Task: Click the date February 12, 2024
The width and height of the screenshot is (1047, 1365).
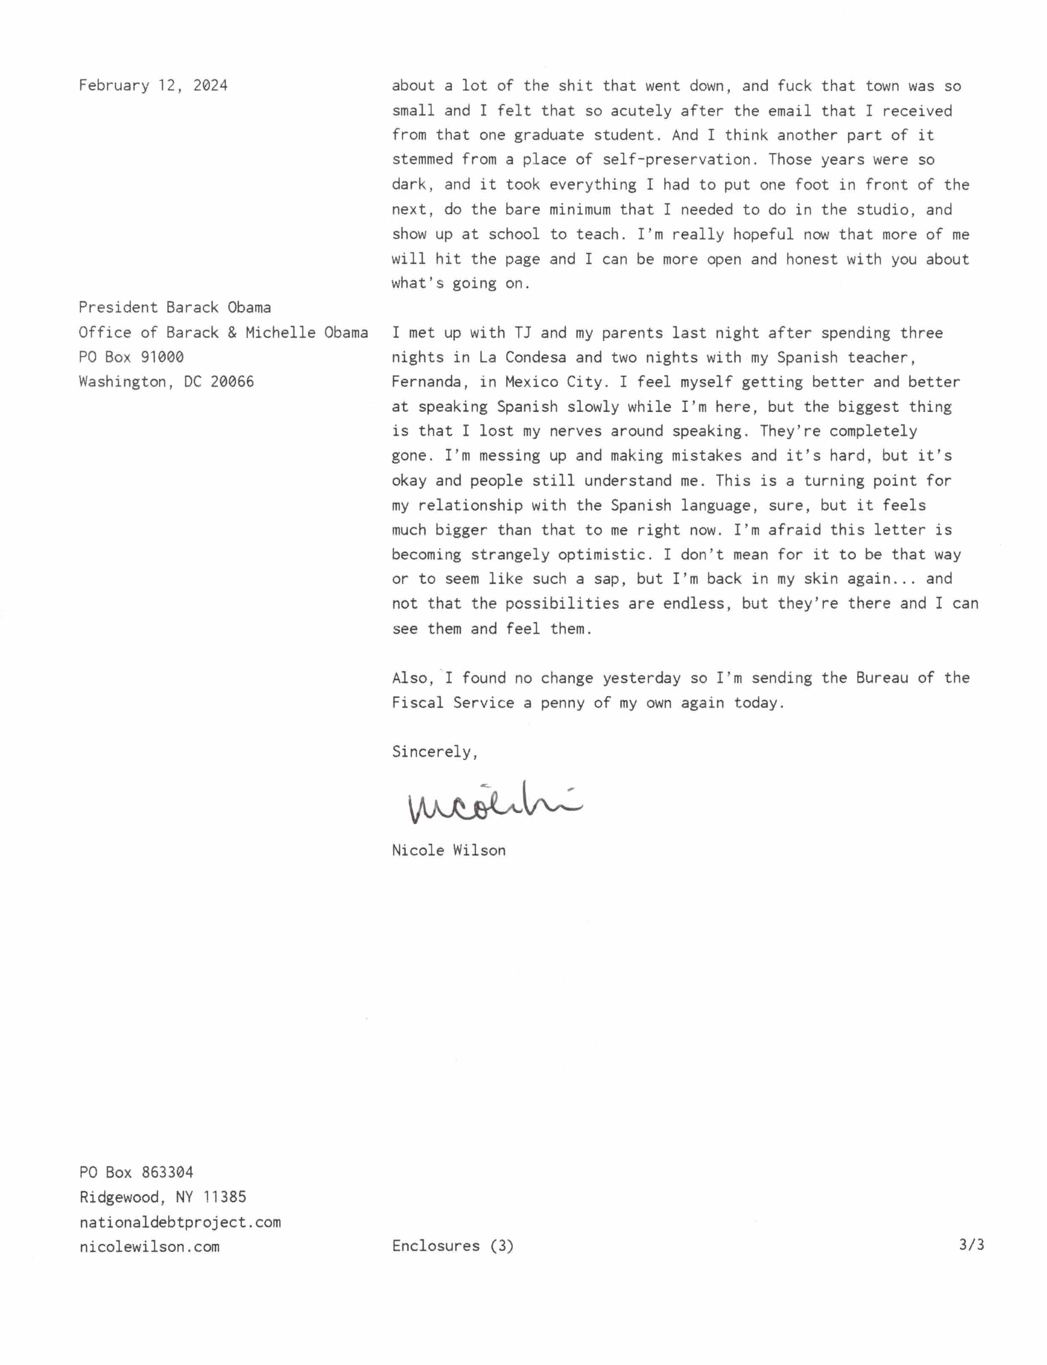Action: pyautogui.click(x=153, y=85)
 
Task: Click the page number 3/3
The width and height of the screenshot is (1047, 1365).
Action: pyautogui.click(x=971, y=1245)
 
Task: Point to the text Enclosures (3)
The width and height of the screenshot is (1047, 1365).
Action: pyautogui.click(x=453, y=1245)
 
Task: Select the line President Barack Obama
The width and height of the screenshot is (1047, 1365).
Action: pyautogui.click(x=174, y=307)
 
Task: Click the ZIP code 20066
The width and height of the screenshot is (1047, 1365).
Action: pyautogui.click(x=232, y=381)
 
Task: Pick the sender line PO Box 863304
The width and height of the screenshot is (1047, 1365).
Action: pyautogui.click(x=136, y=1172)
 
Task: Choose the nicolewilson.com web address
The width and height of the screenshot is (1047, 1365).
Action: pyautogui.click(x=149, y=1247)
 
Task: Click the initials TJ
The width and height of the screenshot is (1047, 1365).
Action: pyautogui.click(x=522, y=332)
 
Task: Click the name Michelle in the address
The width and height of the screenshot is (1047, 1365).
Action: pyautogui.click(x=280, y=332)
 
